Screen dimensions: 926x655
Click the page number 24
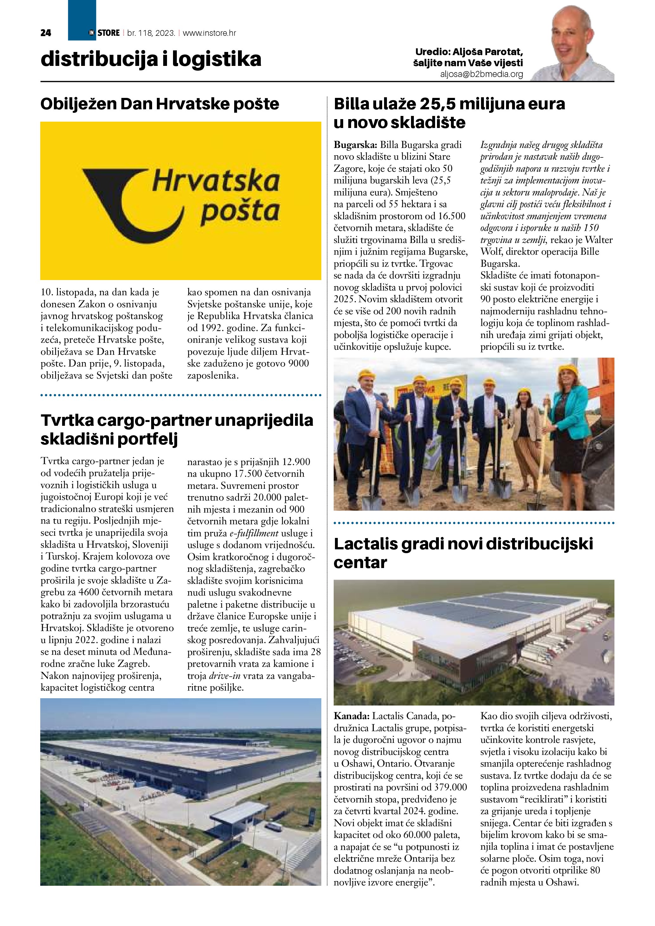point(46,33)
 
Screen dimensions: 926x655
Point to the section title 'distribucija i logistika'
point(151,59)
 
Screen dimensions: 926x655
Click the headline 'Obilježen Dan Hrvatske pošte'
point(160,104)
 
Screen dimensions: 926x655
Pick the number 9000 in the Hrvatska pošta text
point(299,363)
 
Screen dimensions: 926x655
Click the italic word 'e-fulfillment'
point(254,533)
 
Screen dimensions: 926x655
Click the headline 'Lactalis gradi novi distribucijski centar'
point(463,553)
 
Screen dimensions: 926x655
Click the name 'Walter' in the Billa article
point(599,239)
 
